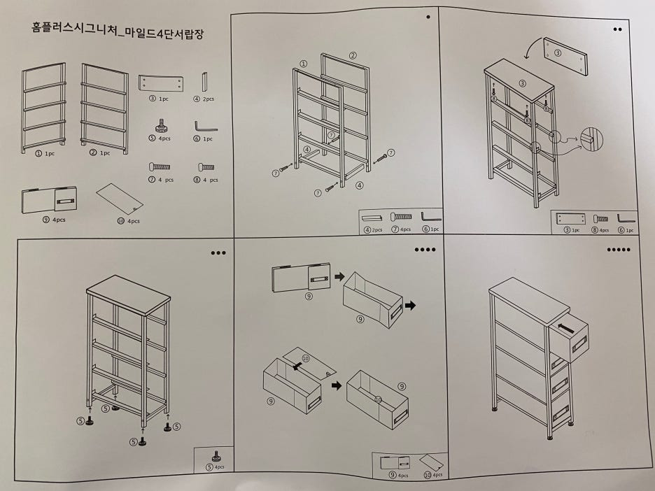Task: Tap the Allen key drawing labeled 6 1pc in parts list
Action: [205, 127]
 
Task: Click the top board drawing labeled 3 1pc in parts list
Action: [162, 83]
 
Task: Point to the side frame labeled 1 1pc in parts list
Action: [43, 106]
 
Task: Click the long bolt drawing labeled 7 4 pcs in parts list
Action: [160, 167]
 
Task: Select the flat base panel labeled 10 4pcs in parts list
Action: [119, 198]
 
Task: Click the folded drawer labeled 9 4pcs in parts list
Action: [48, 201]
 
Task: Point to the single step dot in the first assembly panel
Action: [428, 19]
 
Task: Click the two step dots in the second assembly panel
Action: [617, 29]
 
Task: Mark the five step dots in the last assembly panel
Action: [619, 250]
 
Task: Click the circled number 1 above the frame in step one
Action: [303, 63]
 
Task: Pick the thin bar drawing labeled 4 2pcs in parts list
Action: [205, 81]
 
